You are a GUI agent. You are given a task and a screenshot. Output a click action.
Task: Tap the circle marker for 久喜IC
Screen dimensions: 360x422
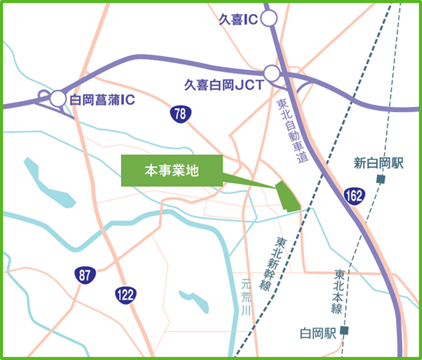(269, 18)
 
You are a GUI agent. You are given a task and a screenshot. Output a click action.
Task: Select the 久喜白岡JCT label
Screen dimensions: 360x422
(224, 86)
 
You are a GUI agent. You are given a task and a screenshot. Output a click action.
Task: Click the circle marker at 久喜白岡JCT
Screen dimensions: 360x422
(272, 73)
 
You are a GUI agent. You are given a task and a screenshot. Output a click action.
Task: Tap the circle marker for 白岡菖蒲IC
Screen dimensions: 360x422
(58, 97)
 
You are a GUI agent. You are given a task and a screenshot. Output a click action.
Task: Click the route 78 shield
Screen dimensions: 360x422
(179, 114)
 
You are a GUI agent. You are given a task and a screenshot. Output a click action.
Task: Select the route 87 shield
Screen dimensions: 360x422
(85, 275)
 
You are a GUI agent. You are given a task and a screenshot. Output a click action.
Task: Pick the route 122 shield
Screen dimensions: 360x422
(125, 294)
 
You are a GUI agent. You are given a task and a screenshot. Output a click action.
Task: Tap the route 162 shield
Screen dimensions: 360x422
(353, 195)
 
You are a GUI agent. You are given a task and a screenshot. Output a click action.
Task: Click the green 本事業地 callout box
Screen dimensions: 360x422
(171, 170)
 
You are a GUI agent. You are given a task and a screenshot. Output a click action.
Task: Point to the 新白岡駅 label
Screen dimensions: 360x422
(379, 164)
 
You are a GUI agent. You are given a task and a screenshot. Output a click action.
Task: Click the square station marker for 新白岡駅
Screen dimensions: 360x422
(381, 179)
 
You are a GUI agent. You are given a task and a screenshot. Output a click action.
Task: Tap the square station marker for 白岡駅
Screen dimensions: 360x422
(344, 331)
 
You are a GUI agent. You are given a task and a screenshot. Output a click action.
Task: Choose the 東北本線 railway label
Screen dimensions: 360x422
(339, 289)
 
